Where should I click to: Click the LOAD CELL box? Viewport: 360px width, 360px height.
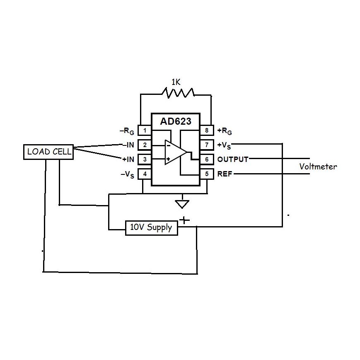pyautogui.click(x=48, y=152)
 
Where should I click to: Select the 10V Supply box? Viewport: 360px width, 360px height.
pyautogui.click(x=151, y=227)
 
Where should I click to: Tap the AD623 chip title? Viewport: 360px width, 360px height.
pyautogui.click(x=175, y=122)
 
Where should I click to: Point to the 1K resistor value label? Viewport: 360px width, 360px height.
pyautogui.click(x=176, y=82)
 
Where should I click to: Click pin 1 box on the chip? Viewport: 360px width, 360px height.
pyautogui.click(x=145, y=130)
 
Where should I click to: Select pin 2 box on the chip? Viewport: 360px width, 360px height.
pyautogui.click(x=145, y=145)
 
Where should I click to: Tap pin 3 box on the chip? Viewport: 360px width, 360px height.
pyautogui.click(x=145, y=159)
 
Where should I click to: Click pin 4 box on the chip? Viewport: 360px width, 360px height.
pyautogui.click(x=145, y=174)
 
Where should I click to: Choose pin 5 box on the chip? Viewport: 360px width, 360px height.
pyautogui.click(x=206, y=174)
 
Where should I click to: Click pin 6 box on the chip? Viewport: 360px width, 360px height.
pyautogui.click(x=206, y=159)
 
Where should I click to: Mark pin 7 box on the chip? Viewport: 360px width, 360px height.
pyautogui.click(x=206, y=145)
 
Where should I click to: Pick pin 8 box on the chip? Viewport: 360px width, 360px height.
pyautogui.click(x=206, y=130)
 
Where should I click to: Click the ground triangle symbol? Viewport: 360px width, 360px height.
pyautogui.click(x=182, y=204)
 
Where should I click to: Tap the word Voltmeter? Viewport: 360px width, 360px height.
pyautogui.click(x=318, y=167)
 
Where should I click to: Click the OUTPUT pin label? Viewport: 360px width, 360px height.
pyautogui.click(x=233, y=159)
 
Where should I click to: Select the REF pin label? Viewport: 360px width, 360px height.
pyautogui.click(x=225, y=174)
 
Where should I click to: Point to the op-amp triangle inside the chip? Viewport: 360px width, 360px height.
pyautogui.click(x=174, y=152)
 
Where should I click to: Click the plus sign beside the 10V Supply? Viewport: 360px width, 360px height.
pyautogui.click(x=184, y=220)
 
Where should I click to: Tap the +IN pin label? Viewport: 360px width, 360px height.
pyautogui.click(x=127, y=159)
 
